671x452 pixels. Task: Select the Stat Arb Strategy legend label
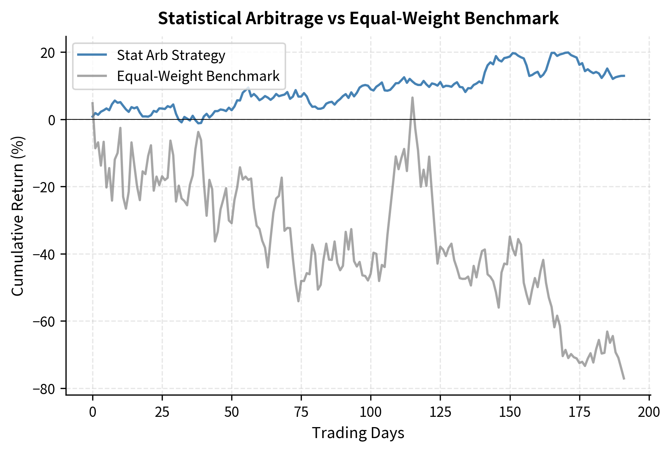click(x=171, y=55)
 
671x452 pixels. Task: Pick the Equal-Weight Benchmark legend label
click(x=198, y=76)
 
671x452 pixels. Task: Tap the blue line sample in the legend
click(x=92, y=55)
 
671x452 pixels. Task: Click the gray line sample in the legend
click(x=92, y=76)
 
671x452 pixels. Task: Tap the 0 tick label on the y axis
click(x=52, y=120)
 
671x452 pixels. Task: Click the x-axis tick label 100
click(x=370, y=412)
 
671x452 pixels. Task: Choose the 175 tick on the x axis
click(x=579, y=412)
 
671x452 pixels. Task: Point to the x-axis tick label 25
click(x=162, y=412)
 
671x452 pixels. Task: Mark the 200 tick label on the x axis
click(x=649, y=412)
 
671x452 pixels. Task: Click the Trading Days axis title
click(x=358, y=433)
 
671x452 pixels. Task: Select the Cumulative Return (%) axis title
click(x=18, y=216)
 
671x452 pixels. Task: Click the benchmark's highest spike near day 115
click(x=412, y=98)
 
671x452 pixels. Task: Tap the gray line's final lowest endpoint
click(x=624, y=378)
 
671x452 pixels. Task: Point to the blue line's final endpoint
click(x=624, y=76)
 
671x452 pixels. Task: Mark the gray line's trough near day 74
click(x=298, y=301)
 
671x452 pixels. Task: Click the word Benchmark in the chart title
click(x=511, y=18)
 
